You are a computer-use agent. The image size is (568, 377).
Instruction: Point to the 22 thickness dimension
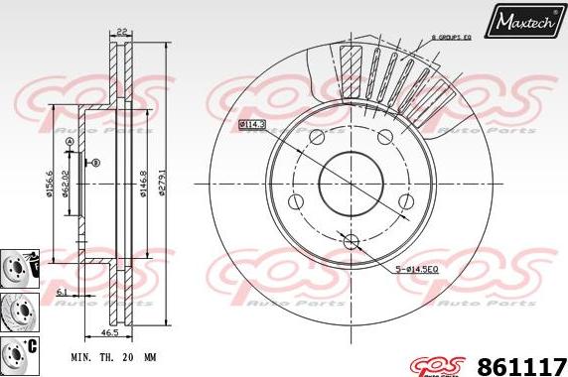pyautogui.click(x=122, y=33)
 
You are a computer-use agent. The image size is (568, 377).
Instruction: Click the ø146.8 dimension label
pyautogui.click(x=143, y=179)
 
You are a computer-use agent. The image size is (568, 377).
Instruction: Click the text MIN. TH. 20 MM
pyautogui.click(x=113, y=354)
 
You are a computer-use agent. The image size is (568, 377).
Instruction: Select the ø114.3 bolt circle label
pyautogui.click(x=253, y=124)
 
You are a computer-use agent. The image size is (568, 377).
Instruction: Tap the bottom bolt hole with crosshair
pyautogui.click(x=350, y=240)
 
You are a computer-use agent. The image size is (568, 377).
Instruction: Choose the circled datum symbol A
pyautogui.click(x=69, y=143)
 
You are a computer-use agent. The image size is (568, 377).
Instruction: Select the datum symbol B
pyautogui.click(x=96, y=161)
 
